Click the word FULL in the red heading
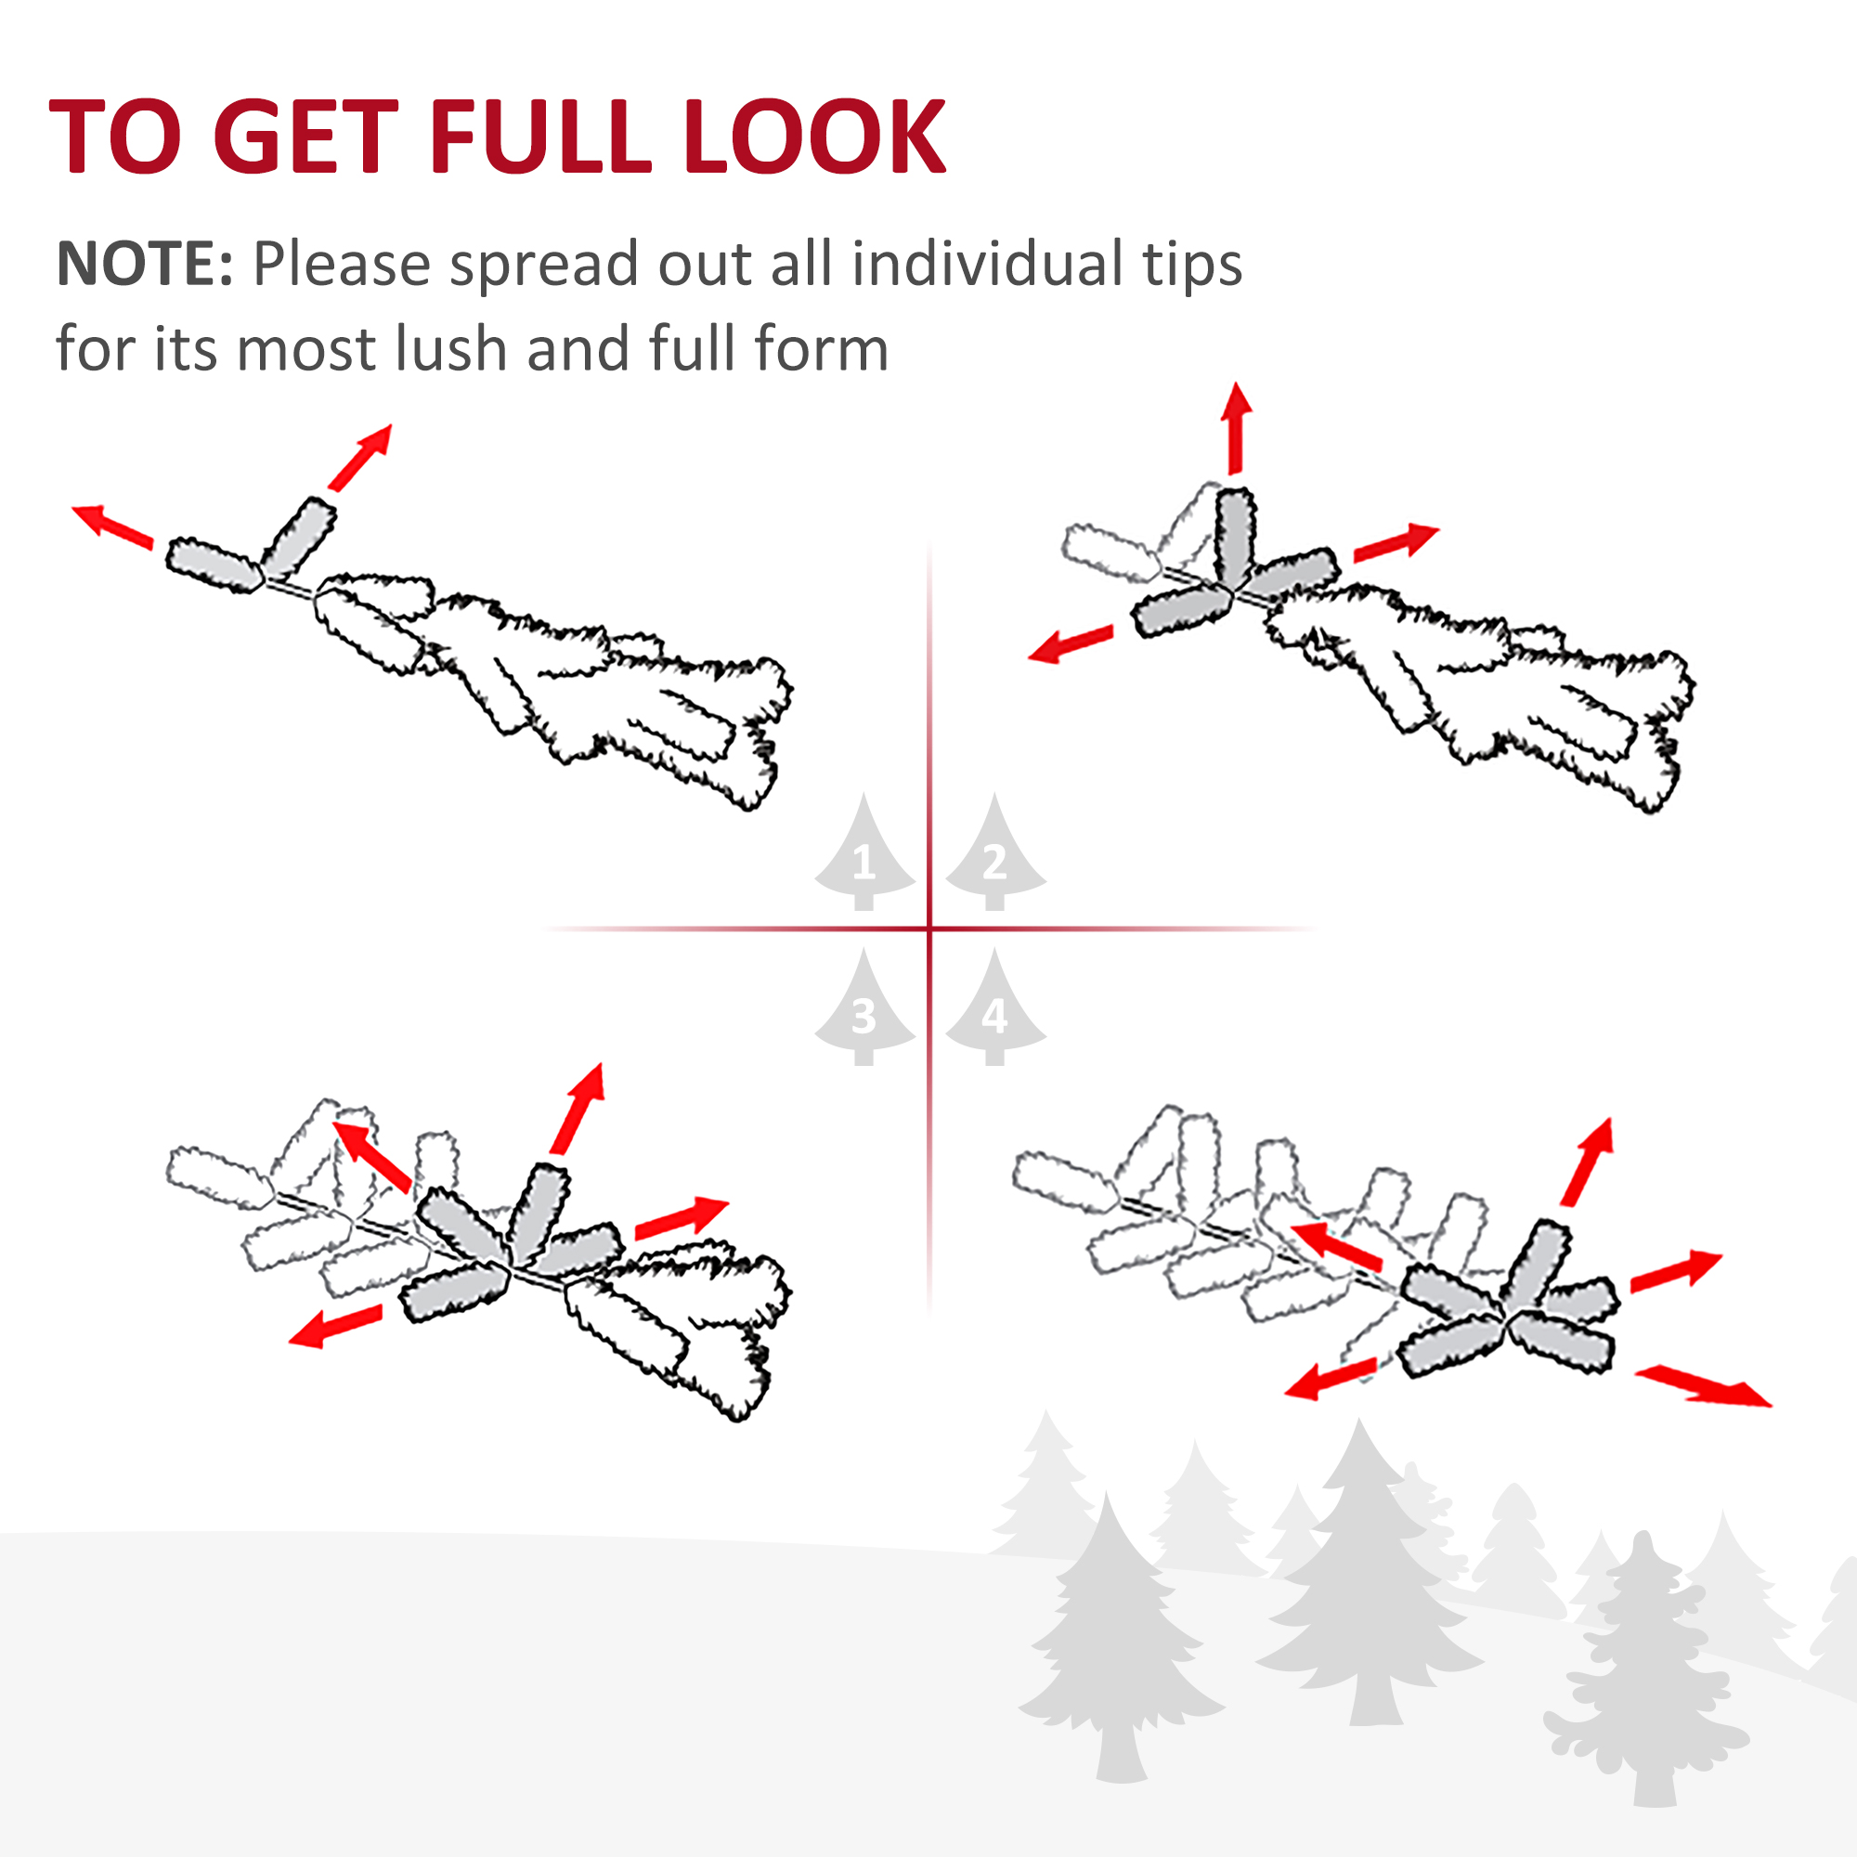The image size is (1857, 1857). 539,136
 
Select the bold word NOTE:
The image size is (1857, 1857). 145,264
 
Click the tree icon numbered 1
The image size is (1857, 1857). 864,852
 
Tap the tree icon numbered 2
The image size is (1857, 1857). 994,852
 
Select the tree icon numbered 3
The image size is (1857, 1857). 864,1007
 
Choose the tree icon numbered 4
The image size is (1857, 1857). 994,1007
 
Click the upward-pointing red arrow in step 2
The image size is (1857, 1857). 1236,428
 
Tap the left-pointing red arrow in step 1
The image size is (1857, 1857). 112,526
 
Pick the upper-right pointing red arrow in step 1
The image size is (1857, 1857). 360,457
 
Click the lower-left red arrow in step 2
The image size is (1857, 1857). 1071,644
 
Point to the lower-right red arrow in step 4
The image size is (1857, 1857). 1703,1386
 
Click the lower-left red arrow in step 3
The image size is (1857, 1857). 335,1327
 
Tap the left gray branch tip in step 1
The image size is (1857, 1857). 214,565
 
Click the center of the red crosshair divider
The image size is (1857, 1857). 929,928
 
